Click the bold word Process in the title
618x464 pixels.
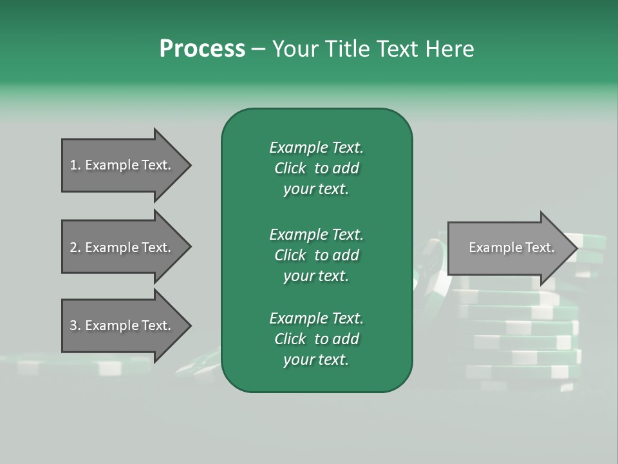[202, 49]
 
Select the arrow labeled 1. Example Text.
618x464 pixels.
[122, 165]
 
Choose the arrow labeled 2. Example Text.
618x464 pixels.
[122, 247]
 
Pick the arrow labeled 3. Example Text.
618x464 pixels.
[122, 325]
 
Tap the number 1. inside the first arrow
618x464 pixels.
[75, 165]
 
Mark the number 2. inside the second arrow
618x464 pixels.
[75, 247]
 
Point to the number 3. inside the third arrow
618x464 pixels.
[75, 325]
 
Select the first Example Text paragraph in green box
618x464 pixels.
[316, 168]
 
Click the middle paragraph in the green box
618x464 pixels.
[316, 255]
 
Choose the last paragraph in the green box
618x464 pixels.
[316, 339]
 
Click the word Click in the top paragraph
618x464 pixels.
[290, 168]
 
